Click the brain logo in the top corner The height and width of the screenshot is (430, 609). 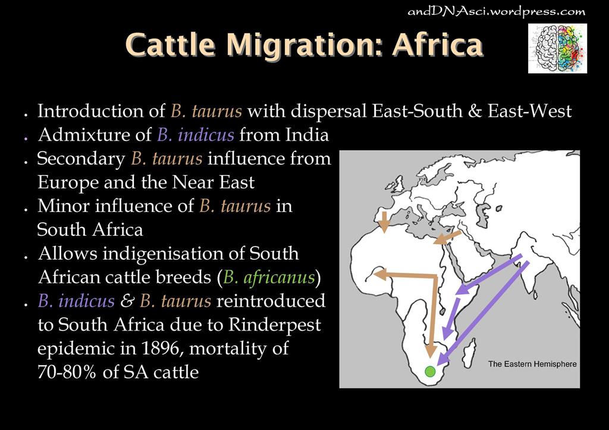tap(557, 48)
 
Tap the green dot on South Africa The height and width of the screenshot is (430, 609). tap(430, 372)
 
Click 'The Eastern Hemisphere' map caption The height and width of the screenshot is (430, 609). tap(532, 364)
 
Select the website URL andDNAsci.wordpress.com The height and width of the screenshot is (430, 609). tap(497, 11)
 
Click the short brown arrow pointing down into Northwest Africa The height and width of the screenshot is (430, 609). tap(384, 221)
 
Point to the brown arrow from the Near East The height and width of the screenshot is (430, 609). tap(447, 238)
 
